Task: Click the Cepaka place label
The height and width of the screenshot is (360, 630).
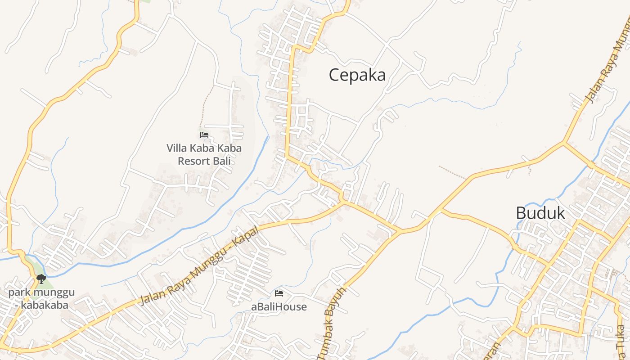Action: [x=357, y=75]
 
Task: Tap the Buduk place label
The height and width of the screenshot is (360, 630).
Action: [x=540, y=213]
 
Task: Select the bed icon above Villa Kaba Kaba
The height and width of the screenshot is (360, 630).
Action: [x=204, y=135]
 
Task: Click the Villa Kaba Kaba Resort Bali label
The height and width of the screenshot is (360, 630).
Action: [x=204, y=154]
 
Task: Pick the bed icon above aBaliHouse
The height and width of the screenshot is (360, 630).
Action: [x=279, y=293]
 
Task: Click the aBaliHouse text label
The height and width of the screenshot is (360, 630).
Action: [x=279, y=307]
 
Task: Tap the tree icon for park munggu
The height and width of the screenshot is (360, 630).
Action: [x=41, y=279]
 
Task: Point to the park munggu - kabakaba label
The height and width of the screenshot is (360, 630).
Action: [x=41, y=299]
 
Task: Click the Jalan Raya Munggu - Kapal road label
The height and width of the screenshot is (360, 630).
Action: [x=200, y=265]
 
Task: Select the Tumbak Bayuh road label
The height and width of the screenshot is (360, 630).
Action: [x=332, y=324]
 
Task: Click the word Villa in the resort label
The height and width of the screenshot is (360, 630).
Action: [x=177, y=148]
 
